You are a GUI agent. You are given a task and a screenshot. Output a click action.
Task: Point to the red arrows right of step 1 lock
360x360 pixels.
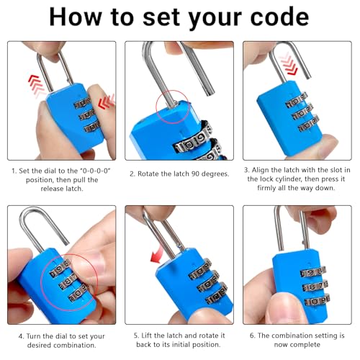[x=107, y=102]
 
